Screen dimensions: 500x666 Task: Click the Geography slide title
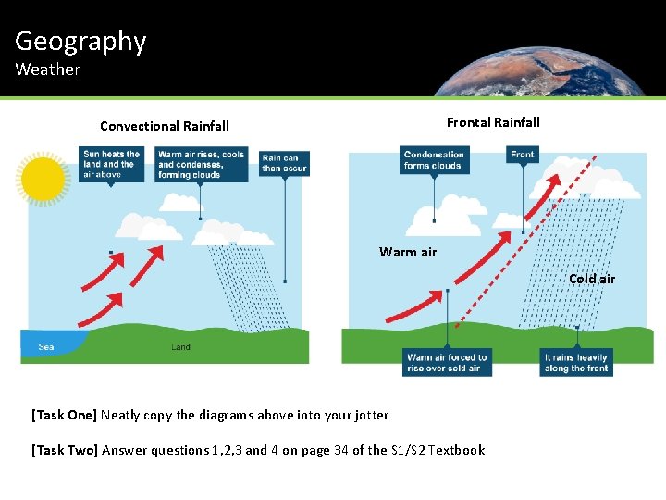pyautogui.click(x=80, y=41)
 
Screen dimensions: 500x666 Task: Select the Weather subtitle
pyautogui.click(x=47, y=69)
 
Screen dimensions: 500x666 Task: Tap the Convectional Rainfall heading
pyautogui.click(x=165, y=126)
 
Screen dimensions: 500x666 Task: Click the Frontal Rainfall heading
pyautogui.click(x=493, y=122)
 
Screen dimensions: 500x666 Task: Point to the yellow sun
pyautogui.click(x=43, y=179)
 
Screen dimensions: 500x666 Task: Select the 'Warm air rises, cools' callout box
pyautogui.click(x=202, y=165)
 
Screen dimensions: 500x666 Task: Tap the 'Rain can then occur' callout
pyautogui.click(x=284, y=163)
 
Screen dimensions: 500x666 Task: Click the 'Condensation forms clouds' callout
pyautogui.click(x=434, y=160)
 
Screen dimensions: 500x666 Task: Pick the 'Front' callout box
pyautogui.click(x=523, y=155)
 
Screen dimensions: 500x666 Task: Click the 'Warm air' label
pyautogui.click(x=408, y=252)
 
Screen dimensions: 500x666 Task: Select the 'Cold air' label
pyautogui.click(x=591, y=279)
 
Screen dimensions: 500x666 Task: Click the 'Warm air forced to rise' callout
pyautogui.click(x=448, y=363)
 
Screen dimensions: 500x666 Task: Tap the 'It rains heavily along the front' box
pyautogui.click(x=576, y=363)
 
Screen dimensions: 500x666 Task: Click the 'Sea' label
pyautogui.click(x=46, y=348)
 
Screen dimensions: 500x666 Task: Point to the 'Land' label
pyautogui.click(x=181, y=347)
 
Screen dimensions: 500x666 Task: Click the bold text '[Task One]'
pyautogui.click(x=64, y=415)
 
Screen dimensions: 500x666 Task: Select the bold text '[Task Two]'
pyautogui.click(x=65, y=450)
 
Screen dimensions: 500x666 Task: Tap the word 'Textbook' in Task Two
pyautogui.click(x=456, y=450)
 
